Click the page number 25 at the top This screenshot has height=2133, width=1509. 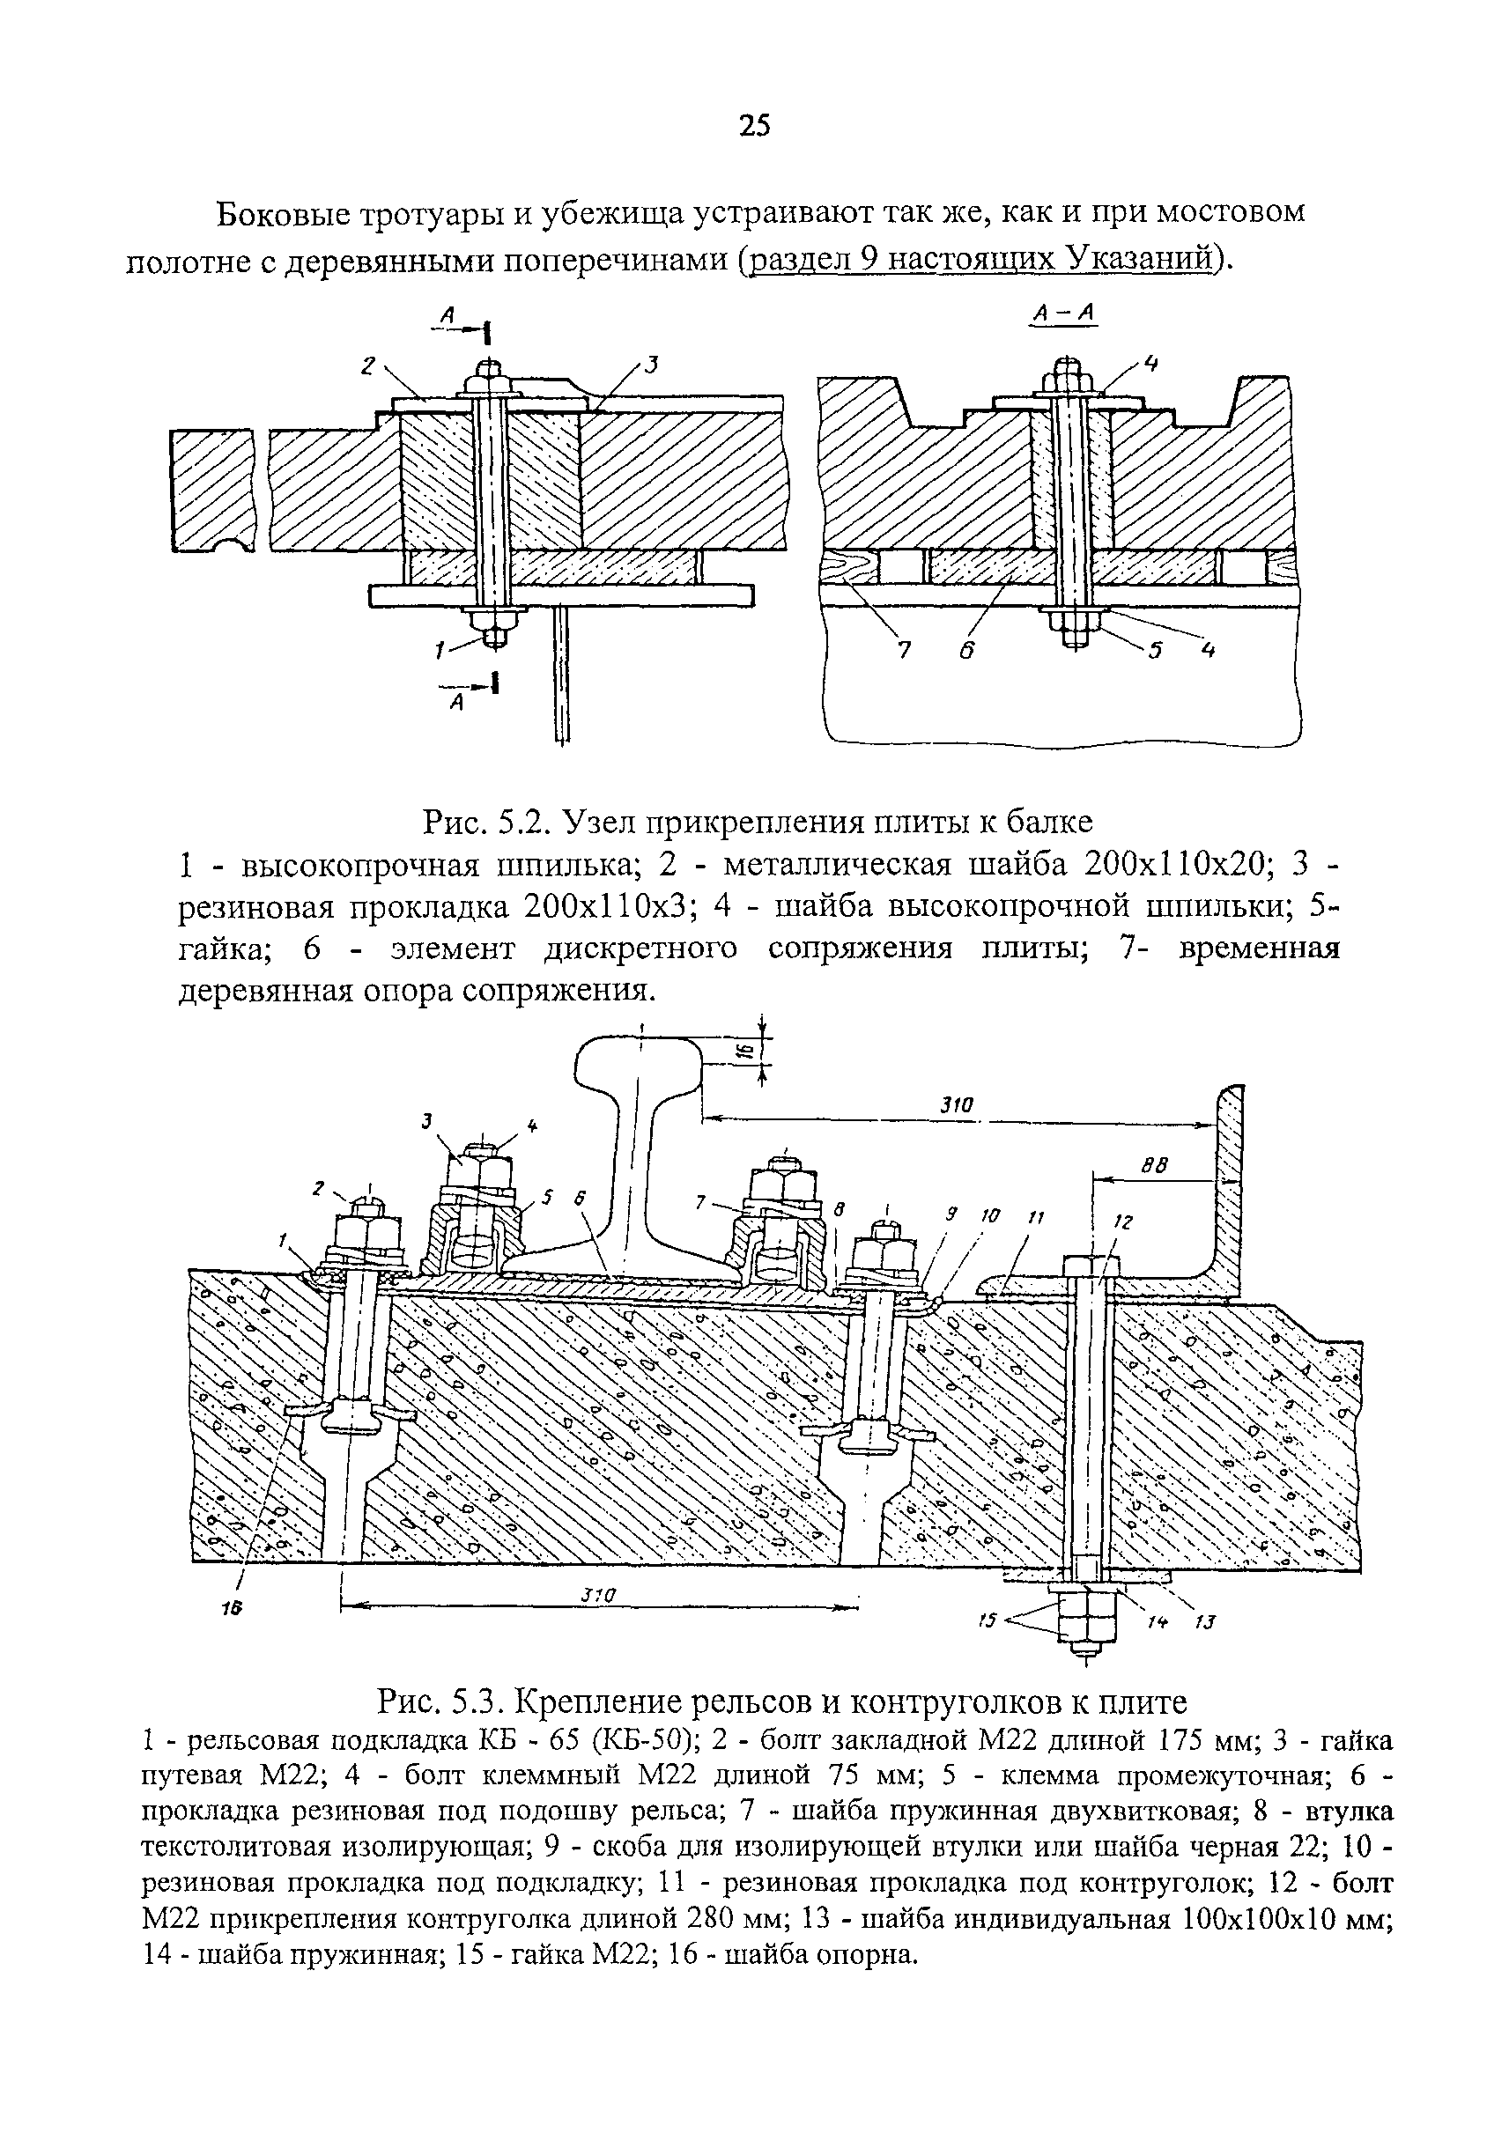pos(754,124)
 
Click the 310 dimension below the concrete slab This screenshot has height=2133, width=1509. pos(600,1594)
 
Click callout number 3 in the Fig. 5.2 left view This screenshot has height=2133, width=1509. pos(651,365)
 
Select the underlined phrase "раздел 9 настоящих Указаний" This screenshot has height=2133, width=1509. pos(982,259)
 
